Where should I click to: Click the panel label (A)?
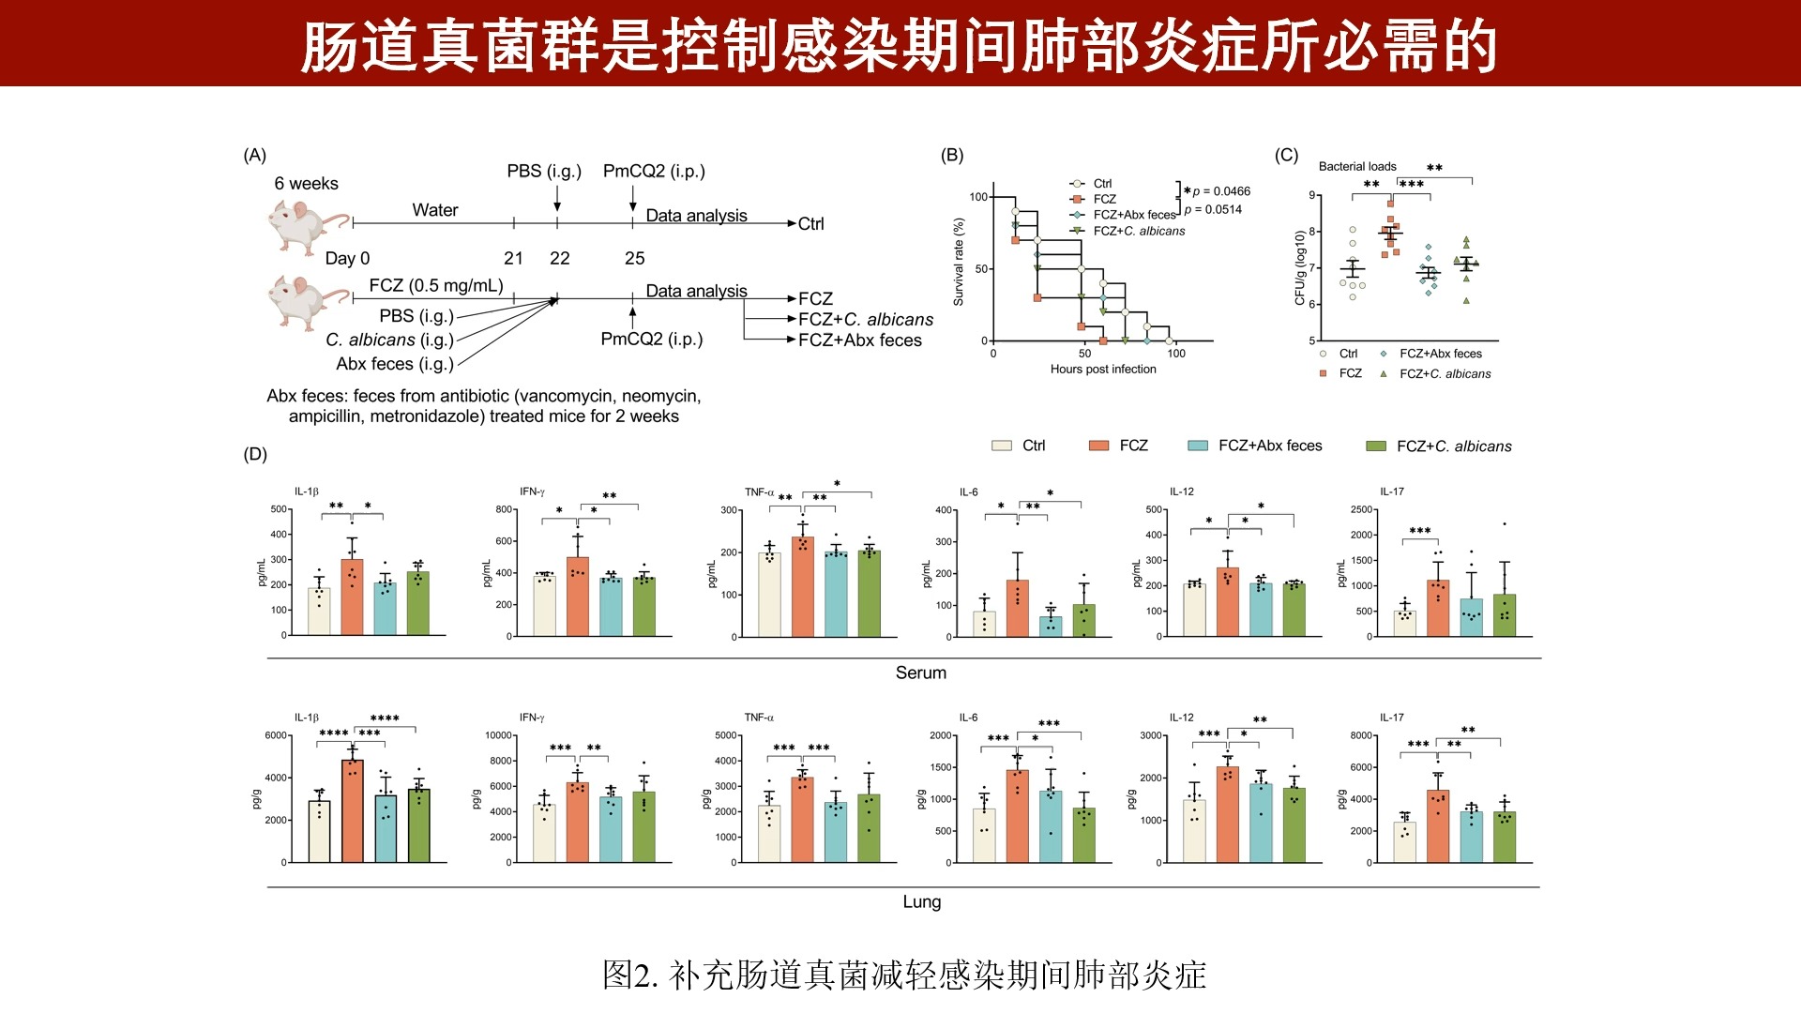click(x=254, y=156)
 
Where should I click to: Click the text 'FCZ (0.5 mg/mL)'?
click(x=436, y=285)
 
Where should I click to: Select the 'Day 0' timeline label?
click(x=347, y=258)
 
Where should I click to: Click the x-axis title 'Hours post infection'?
click(x=1103, y=370)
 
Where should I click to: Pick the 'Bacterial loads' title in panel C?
click(x=1357, y=166)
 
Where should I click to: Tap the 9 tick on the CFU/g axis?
click(x=1311, y=195)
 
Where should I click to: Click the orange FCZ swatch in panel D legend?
click(x=1098, y=446)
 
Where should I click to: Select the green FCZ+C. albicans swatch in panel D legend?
click(x=1376, y=446)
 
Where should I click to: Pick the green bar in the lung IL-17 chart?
click(x=1505, y=837)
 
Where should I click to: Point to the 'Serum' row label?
click(x=920, y=673)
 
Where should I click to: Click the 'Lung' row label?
click(x=921, y=901)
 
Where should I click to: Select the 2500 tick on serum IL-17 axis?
click(x=1361, y=509)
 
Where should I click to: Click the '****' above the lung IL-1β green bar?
click(x=385, y=718)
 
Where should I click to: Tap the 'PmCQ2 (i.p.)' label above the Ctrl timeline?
click(x=654, y=171)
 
